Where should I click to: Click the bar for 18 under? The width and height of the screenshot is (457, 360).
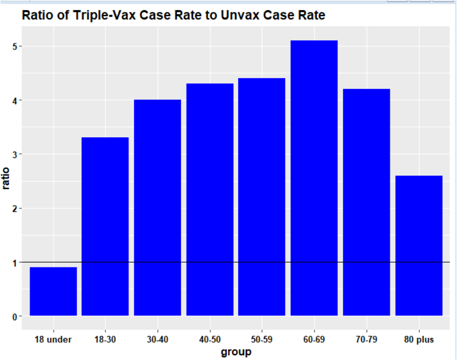point(53,291)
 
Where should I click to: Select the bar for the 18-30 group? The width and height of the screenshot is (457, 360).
point(105,226)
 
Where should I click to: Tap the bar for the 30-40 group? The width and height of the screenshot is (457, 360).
point(157,207)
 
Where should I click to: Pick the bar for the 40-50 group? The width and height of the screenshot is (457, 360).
point(210,199)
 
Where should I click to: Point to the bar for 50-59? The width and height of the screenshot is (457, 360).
point(262,196)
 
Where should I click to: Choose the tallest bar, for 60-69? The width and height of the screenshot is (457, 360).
point(314,178)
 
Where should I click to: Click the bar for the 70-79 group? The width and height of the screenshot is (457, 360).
point(366,202)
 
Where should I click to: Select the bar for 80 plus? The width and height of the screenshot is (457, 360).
point(419,245)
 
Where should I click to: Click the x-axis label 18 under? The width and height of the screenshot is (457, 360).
point(53,340)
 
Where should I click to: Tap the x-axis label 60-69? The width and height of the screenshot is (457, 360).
point(314,340)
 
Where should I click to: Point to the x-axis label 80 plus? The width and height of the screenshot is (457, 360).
point(419,340)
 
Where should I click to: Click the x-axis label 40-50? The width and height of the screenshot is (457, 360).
point(210,340)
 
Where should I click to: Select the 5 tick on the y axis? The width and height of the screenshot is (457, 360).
point(15,46)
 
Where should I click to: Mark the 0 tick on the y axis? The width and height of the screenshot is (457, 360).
point(15,316)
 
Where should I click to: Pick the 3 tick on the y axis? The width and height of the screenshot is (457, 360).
point(15,154)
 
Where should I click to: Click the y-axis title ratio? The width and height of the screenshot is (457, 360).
point(6,178)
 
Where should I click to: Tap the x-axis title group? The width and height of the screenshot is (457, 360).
point(235,352)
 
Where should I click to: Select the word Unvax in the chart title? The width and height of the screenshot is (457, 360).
point(251,16)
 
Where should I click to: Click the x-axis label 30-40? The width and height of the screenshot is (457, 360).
point(157,340)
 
